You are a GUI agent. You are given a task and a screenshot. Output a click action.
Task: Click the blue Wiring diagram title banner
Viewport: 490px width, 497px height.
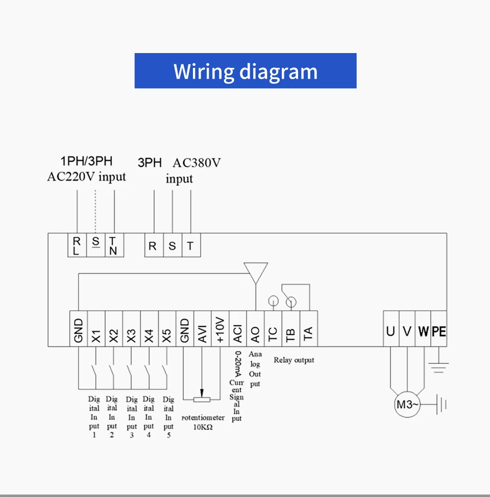click(246, 71)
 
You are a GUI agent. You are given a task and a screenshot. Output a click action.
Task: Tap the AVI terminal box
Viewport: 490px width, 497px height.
click(202, 329)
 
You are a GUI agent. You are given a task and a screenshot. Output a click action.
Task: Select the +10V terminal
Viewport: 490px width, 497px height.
click(220, 329)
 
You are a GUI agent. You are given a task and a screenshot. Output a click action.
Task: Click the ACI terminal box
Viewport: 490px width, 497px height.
click(238, 329)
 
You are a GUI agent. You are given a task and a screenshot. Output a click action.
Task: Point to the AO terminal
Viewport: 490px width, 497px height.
click(255, 329)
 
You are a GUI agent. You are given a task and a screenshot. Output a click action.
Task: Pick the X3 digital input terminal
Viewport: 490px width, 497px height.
click(131, 329)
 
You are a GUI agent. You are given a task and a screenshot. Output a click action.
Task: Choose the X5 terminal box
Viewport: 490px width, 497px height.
click(167, 329)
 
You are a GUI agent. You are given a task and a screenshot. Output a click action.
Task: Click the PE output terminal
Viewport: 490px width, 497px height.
click(438, 329)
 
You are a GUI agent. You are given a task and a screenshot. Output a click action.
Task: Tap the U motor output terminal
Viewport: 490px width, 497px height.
click(391, 329)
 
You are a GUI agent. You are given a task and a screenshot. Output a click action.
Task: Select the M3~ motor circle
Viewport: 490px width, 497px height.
click(407, 405)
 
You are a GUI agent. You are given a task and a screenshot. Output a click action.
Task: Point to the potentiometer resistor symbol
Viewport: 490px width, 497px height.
click(202, 400)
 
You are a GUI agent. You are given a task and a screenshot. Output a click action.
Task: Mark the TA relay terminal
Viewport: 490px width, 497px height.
click(309, 329)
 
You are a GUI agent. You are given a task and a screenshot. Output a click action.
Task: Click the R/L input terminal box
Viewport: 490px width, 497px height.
click(77, 245)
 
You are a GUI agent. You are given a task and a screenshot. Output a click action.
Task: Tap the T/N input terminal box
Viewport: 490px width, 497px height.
click(114, 245)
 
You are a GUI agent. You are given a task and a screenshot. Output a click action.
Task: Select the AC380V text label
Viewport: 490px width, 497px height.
click(197, 163)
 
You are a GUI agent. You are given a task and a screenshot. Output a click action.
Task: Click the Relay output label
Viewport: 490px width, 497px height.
click(294, 360)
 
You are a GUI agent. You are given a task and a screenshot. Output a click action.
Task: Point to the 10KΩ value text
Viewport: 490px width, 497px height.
click(203, 427)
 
